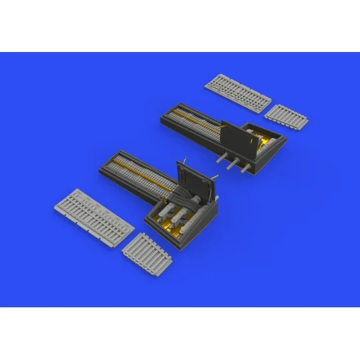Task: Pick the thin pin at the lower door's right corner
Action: pyautogui.click(x=216, y=175)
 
